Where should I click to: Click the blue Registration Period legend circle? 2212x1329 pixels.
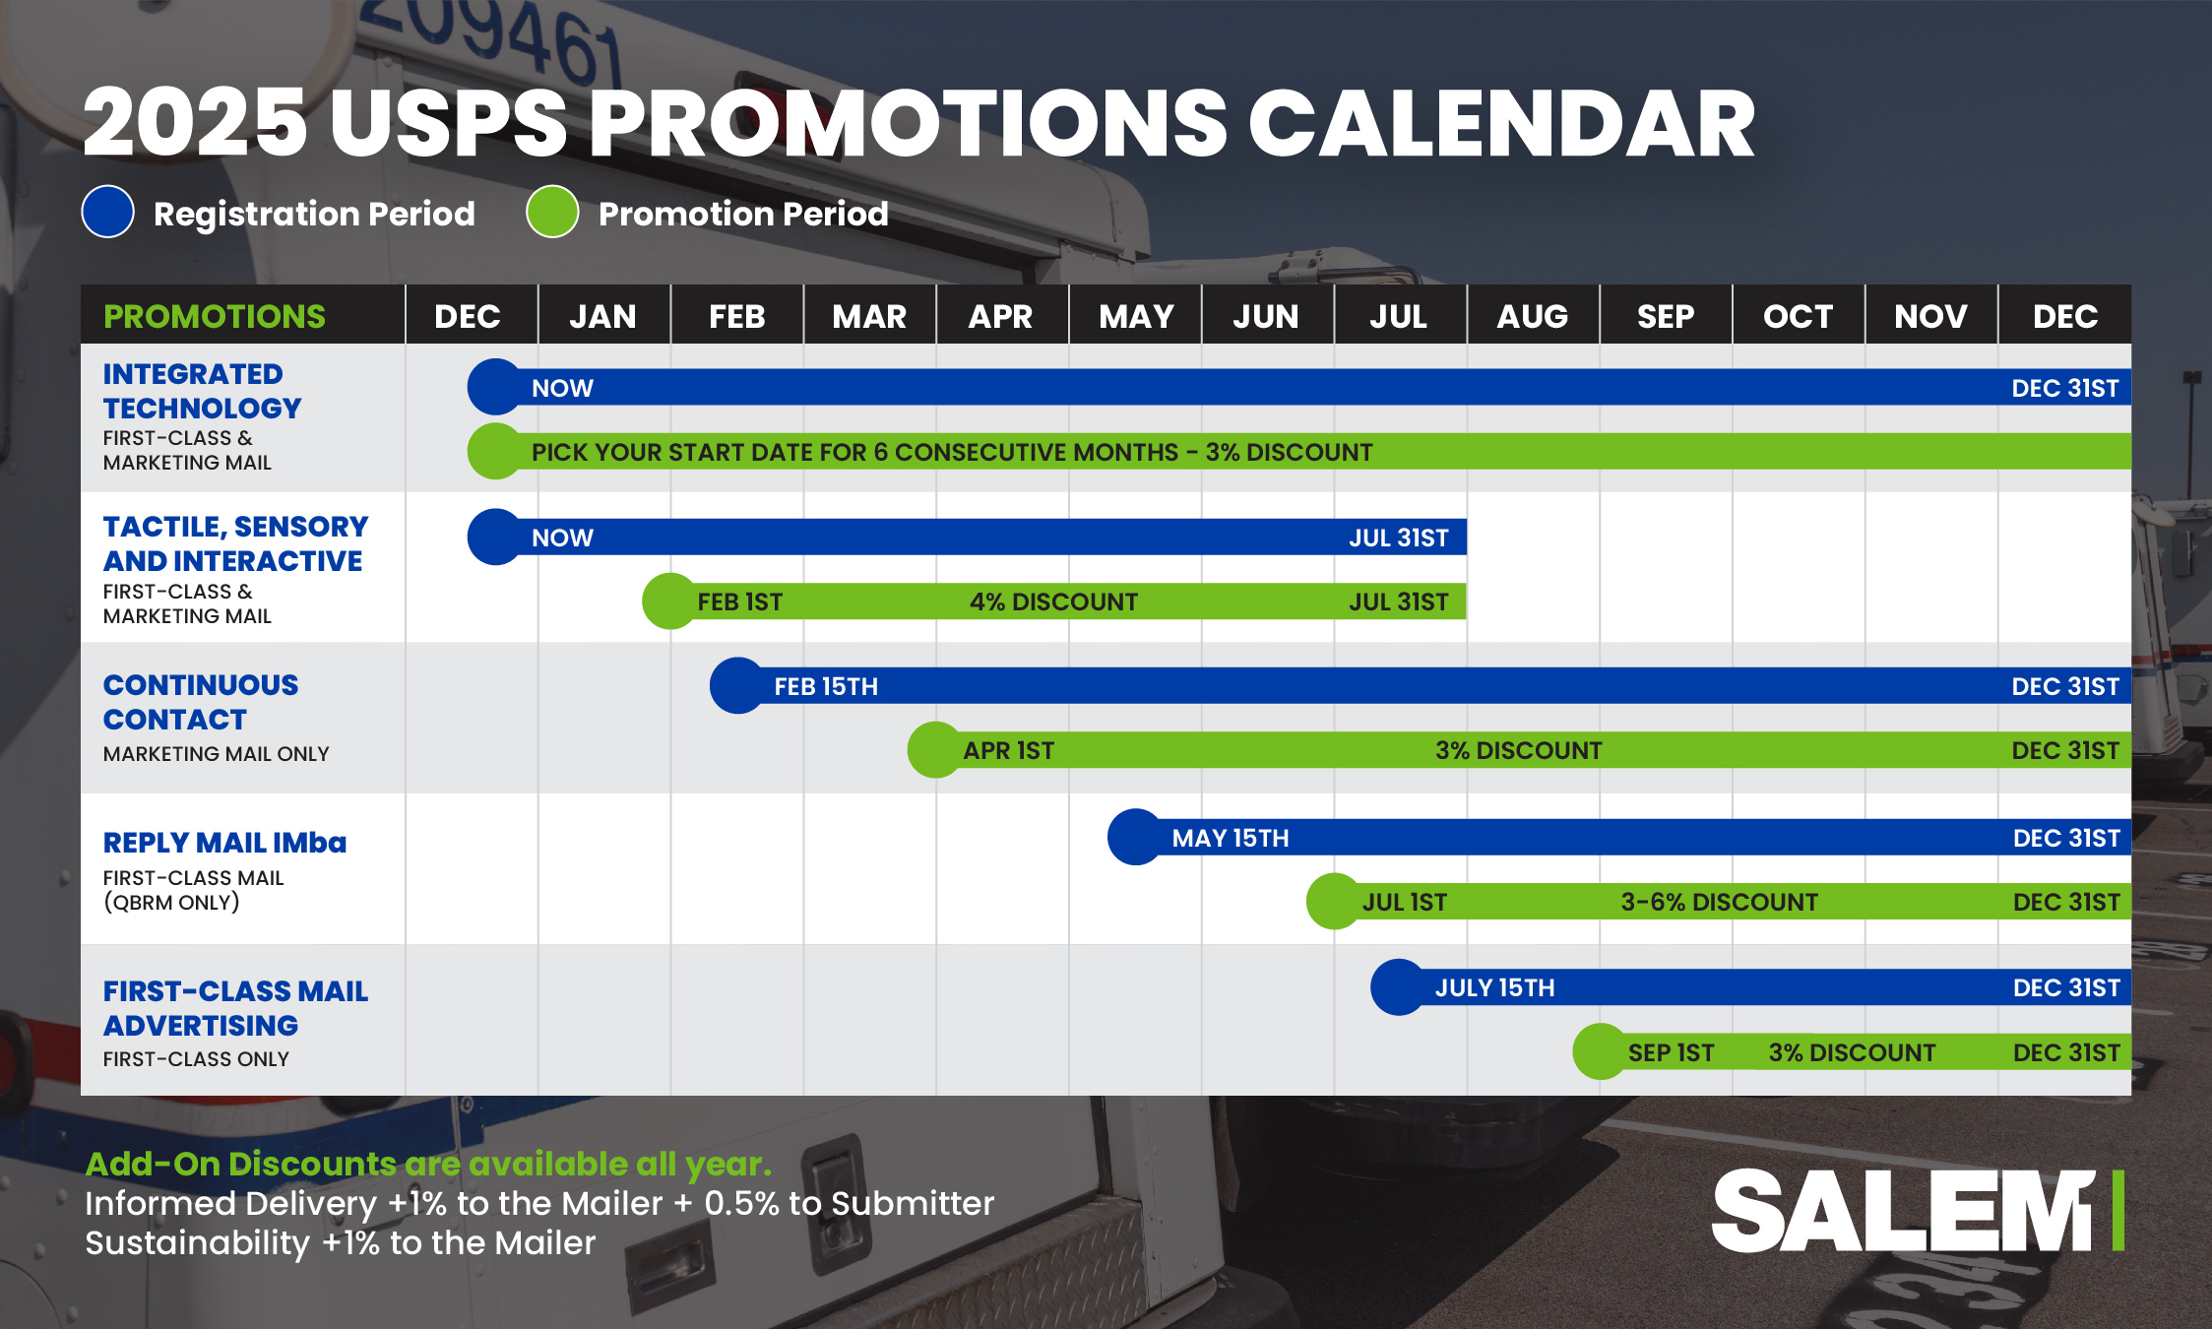click(x=107, y=212)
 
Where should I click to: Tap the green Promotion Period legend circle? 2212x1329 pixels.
click(x=552, y=212)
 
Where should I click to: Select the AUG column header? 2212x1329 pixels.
click(x=1532, y=316)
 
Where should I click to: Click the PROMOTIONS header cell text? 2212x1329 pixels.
click(x=215, y=316)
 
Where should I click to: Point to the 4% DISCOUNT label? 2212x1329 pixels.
click(x=1053, y=601)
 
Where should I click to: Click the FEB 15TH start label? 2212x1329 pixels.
click(x=826, y=686)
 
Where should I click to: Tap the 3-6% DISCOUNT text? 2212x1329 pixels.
click(x=1719, y=902)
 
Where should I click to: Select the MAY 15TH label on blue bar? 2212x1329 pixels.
click(x=1231, y=838)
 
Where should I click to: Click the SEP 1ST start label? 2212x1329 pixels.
click(x=1671, y=1052)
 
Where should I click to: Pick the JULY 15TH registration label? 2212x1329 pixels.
click(x=1494, y=987)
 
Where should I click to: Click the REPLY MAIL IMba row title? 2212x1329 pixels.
click(x=224, y=843)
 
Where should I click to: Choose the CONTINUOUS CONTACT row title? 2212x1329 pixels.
click(x=201, y=702)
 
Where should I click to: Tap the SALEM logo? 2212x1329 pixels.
click(x=1917, y=1211)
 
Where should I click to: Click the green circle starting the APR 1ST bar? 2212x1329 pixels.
click(x=935, y=750)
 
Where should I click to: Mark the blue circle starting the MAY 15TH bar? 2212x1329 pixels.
click(x=1136, y=837)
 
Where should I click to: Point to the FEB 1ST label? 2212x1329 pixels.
click(x=740, y=601)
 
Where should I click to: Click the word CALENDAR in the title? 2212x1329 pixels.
click(x=1502, y=123)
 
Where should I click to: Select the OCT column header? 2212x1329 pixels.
click(x=1798, y=316)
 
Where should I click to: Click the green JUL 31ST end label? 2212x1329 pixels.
click(x=1398, y=601)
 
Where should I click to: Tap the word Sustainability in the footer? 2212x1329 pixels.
click(x=197, y=1243)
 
